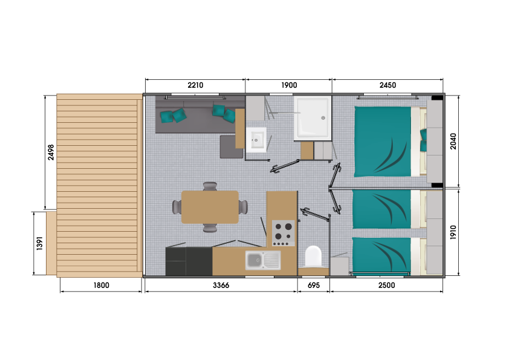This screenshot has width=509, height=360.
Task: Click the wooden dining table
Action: pos(210,207)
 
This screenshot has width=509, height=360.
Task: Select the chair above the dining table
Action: pos(210,186)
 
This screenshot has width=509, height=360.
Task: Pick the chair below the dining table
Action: pos(210,229)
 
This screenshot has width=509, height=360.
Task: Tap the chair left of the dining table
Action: pos(177,207)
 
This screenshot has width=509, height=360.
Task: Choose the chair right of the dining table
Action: pos(243,207)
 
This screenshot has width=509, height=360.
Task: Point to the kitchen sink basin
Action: pos(254,260)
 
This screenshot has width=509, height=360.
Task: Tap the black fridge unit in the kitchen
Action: pos(189,261)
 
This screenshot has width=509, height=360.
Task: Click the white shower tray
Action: pos(312,117)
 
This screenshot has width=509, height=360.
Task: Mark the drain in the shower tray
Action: pos(323,118)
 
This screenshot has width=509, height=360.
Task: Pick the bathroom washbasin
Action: pos(256,140)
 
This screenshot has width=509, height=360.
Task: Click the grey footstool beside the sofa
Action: pos(230,147)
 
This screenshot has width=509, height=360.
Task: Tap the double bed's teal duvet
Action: pos(382,142)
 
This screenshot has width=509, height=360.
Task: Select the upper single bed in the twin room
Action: pos(381,209)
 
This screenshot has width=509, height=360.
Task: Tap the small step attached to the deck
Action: pos(51,243)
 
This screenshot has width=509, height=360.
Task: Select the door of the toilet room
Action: pos(314,215)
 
